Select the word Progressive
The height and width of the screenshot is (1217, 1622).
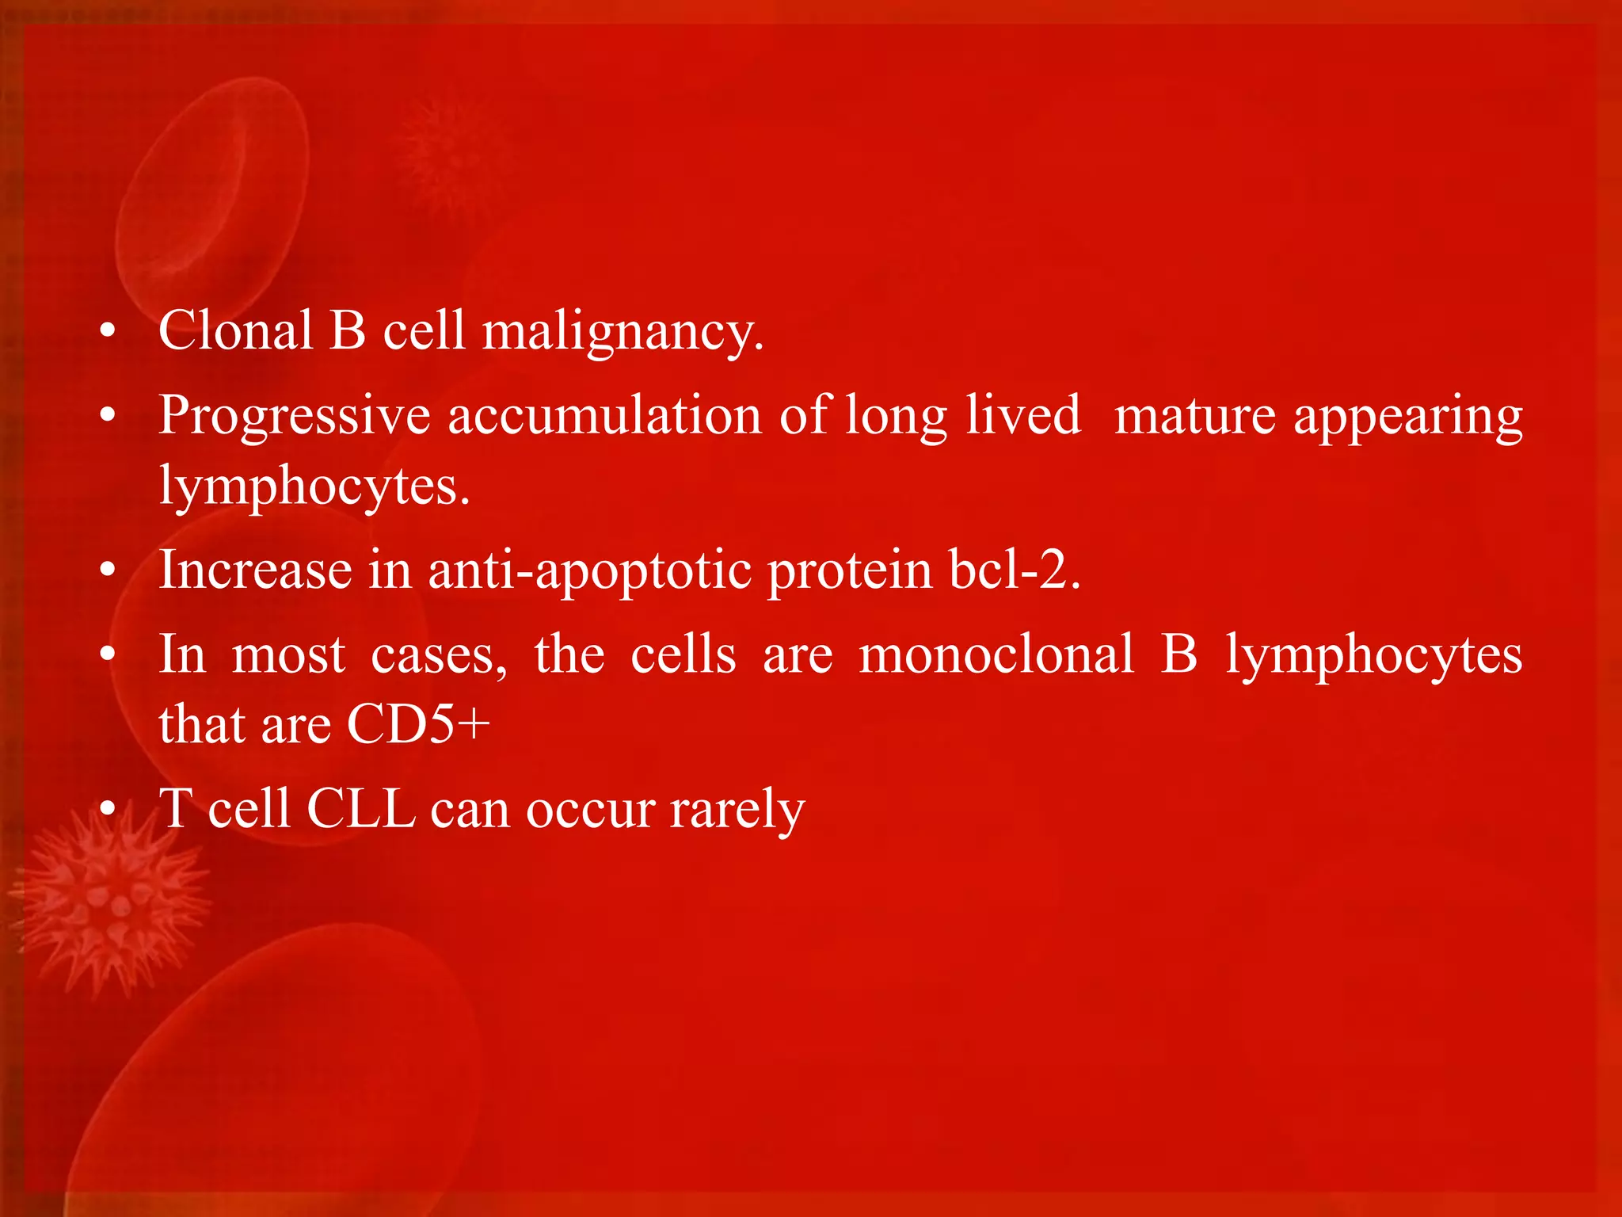click(294, 416)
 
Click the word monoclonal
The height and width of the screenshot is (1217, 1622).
click(996, 654)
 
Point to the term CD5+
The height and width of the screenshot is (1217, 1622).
click(418, 723)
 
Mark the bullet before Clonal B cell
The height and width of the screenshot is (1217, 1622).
click(109, 331)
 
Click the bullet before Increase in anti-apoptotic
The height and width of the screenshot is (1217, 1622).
click(109, 570)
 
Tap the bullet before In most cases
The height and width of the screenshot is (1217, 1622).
click(109, 654)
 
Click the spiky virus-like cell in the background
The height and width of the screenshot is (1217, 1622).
click(111, 903)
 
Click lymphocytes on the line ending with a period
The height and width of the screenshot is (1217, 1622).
click(314, 486)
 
